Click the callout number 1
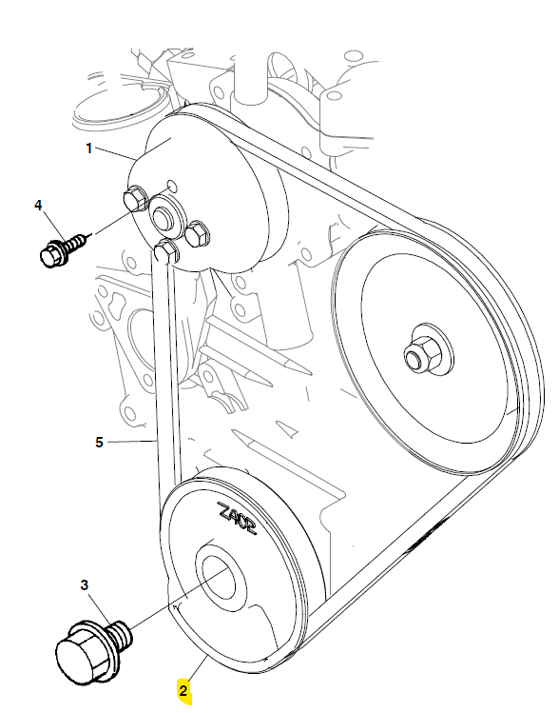point(89,149)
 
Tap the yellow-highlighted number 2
point(183,691)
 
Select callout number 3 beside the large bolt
point(85,585)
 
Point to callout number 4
point(38,205)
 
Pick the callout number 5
point(100,442)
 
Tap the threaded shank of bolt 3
point(121,633)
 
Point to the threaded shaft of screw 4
point(75,243)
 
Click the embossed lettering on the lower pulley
point(237,519)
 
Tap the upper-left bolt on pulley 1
point(134,199)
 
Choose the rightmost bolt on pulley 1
point(197,233)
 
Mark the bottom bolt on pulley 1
point(165,251)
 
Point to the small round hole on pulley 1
point(172,185)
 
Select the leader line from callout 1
point(115,153)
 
